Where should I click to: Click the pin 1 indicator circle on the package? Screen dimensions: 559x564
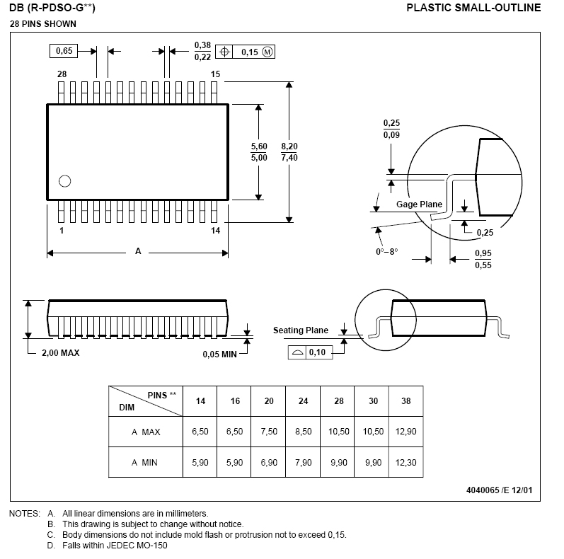(x=65, y=180)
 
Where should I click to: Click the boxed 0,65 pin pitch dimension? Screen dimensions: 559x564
(x=64, y=51)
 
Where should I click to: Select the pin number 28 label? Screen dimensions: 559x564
(x=62, y=74)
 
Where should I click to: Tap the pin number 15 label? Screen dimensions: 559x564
(x=215, y=74)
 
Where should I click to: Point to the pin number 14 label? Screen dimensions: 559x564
(x=215, y=231)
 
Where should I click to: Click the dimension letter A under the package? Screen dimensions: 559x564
(x=137, y=251)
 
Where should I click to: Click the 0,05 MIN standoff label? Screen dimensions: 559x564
(x=219, y=354)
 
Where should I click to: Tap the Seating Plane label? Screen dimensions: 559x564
(x=301, y=330)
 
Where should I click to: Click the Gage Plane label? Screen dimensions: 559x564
(x=419, y=204)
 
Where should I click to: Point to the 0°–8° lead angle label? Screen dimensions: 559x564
(x=387, y=251)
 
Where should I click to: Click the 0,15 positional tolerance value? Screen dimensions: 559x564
(x=250, y=52)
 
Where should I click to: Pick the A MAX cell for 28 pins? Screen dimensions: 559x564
(x=338, y=432)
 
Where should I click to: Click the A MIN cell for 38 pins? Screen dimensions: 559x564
(x=405, y=462)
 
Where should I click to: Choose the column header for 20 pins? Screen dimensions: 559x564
(x=269, y=401)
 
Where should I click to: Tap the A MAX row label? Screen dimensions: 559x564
(x=146, y=432)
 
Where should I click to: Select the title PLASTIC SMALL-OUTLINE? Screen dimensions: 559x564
(x=473, y=8)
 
